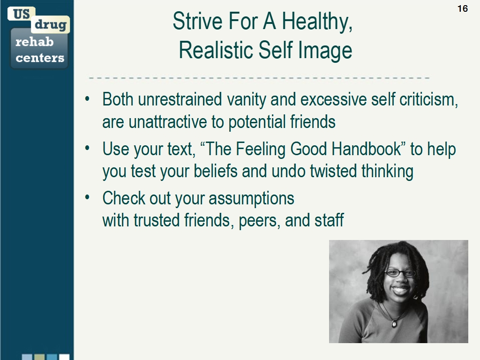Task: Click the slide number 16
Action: click(x=462, y=8)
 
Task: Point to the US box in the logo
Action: click(x=21, y=14)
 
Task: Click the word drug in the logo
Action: click(x=50, y=25)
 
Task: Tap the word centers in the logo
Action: click(x=40, y=58)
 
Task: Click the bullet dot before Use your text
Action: click(x=87, y=148)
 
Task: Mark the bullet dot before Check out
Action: click(x=87, y=197)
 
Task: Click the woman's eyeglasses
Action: click(x=400, y=272)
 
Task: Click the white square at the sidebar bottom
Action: click(x=64, y=357)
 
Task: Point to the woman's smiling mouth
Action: click(x=400, y=290)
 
